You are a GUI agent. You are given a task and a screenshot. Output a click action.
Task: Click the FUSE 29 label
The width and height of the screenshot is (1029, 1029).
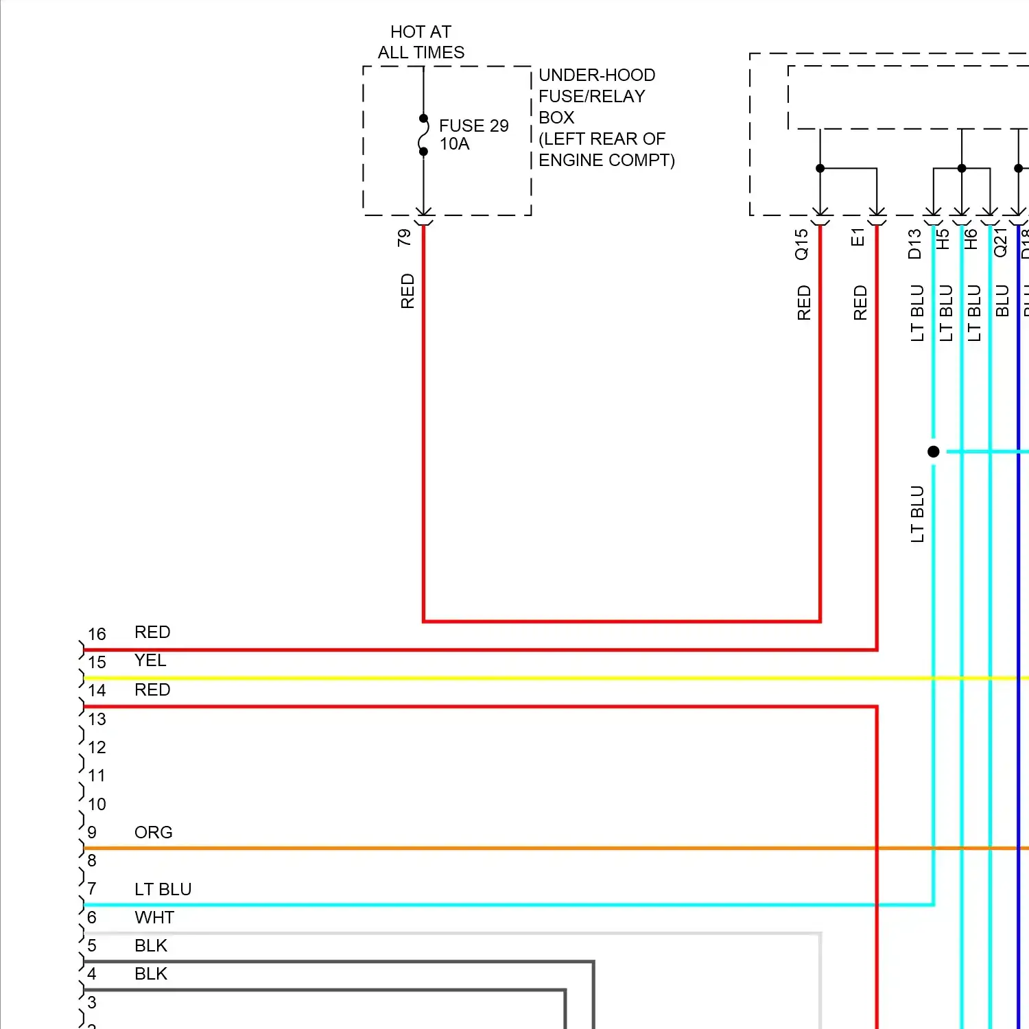(473, 126)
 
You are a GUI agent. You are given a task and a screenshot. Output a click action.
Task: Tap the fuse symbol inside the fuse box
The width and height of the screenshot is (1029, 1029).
(423, 135)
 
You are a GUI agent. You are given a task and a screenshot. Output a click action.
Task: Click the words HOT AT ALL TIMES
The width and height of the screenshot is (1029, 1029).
(421, 42)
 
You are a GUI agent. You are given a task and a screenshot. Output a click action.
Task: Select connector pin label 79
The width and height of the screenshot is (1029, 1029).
(404, 238)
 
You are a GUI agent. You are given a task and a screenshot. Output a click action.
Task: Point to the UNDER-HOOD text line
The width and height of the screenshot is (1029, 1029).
(597, 75)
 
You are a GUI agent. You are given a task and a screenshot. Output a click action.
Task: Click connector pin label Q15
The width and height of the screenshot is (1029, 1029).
(801, 244)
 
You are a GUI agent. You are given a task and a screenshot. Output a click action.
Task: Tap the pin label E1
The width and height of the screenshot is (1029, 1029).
(858, 237)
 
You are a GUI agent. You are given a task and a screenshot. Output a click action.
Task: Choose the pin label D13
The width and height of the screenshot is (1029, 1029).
(914, 244)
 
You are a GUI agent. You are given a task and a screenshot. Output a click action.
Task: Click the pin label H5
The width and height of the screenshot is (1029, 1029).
(943, 239)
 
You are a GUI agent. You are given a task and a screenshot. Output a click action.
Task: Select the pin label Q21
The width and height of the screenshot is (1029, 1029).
(1000, 243)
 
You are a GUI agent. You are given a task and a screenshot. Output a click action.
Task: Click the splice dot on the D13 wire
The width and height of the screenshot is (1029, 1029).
(933, 451)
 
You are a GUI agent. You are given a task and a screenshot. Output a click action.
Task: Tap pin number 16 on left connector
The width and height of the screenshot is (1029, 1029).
(97, 634)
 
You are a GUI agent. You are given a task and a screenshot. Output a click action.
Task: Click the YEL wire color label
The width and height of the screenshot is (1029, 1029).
(150, 660)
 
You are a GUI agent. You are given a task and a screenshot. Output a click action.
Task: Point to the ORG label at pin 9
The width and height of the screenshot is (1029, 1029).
(153, 832)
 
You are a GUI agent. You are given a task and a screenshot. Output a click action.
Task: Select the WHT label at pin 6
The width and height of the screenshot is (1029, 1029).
(154, 917)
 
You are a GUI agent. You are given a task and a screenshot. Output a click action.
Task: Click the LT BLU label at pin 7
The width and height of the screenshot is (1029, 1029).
(163, 889)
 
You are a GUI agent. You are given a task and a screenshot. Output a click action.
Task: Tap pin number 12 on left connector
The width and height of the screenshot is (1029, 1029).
(97, 747)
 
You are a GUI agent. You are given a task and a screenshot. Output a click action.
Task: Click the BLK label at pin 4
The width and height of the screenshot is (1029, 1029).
(151, 973)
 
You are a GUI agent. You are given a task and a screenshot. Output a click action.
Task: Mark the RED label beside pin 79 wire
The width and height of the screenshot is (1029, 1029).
(407, 291)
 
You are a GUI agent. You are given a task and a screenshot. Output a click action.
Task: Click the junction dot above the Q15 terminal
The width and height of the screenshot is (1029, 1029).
(820, 168)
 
